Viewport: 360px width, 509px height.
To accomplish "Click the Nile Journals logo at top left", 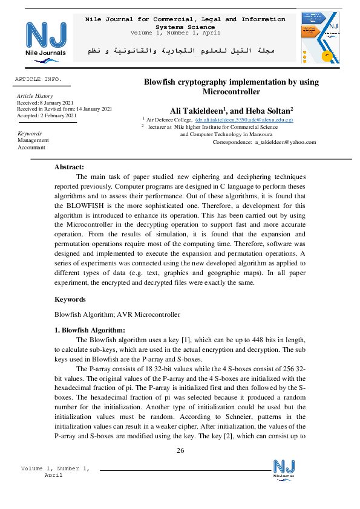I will [46, 39].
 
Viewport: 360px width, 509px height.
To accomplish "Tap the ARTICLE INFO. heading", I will [38, 80].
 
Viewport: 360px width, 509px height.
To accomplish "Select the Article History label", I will [35, 96].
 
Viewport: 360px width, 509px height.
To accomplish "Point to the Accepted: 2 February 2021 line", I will [47, 115].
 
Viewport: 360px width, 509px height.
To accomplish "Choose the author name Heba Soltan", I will [270, 111].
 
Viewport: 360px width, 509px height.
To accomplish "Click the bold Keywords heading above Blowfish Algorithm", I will [70, 299].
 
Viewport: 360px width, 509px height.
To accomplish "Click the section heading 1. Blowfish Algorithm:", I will [90, 330].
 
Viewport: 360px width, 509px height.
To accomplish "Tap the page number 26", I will [180, 451].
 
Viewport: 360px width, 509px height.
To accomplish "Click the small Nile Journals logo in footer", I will [284, 469].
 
